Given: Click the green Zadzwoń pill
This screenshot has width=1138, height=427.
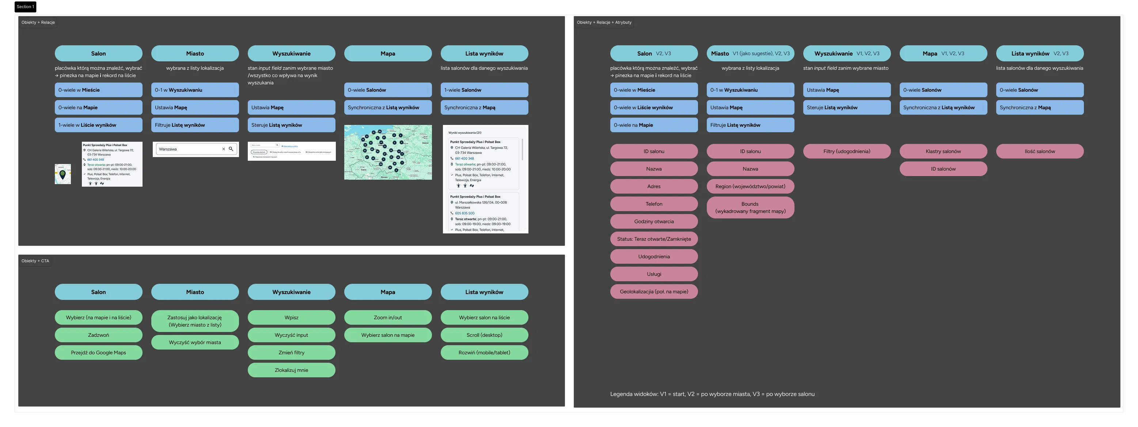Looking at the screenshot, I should [98, 335].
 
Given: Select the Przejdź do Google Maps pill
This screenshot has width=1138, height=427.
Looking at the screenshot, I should [98, 352].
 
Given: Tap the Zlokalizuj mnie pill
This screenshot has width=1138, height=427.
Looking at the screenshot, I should [291, 370].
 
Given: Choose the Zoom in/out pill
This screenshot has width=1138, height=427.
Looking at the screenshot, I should [387, 317].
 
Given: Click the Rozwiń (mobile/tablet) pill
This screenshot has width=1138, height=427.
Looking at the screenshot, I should [484, 352].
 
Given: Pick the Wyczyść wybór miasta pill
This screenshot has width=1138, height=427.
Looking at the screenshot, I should [195, 342].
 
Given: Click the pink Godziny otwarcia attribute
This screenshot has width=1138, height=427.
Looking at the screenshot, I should [654, 221].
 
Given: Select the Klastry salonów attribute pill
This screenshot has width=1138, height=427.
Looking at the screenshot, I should [943, 151].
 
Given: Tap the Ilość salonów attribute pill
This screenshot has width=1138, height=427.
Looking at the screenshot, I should [1039, 151].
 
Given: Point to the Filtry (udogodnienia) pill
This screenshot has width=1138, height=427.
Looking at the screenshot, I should [846, 151].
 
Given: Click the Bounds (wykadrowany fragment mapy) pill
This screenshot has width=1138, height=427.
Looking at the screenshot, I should [750, 207].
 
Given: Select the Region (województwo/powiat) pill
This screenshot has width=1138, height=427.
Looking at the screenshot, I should [750, 186].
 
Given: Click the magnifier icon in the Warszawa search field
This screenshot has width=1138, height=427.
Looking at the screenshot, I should [231, 149].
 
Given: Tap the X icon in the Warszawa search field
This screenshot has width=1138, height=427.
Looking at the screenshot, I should [224, 149].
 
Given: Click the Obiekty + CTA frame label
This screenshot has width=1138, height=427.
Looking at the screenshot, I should [35, 261].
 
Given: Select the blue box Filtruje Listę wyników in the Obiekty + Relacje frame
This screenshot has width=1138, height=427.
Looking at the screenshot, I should [195, 125].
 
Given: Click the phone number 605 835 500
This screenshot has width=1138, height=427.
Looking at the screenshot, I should [464, 213].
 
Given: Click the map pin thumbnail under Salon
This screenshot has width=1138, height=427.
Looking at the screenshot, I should [63, 174].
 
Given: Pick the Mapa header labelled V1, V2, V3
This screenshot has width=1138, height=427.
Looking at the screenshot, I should [943, 53].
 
